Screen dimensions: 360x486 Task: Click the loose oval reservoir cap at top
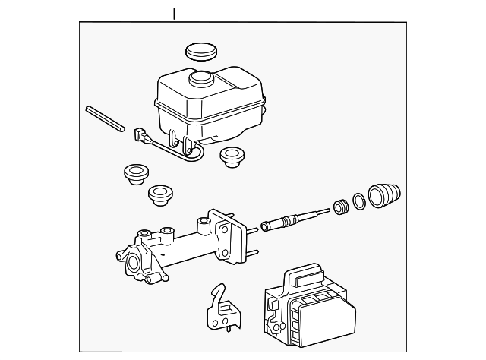tap(201, 52)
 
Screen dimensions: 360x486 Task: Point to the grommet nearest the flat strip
tap(135, 174)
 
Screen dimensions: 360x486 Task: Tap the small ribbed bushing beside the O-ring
tap(342, 206)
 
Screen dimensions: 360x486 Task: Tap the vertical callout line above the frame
tap(175, 14)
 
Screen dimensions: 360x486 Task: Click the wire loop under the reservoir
tap(186, 155)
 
